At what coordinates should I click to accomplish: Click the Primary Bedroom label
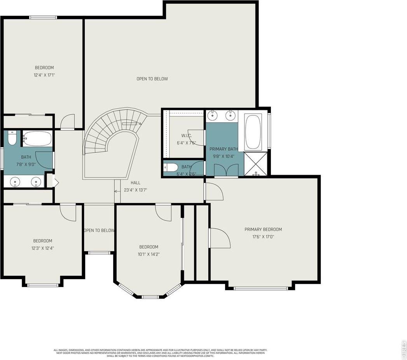click(263, 230)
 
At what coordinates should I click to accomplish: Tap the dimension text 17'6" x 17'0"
click(263, 237)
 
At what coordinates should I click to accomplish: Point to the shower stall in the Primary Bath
click(255, 164)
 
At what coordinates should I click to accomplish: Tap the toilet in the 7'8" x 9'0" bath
click(12, 138)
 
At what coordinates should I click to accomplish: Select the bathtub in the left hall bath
click(37, 138)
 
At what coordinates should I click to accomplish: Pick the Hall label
click(136, 183)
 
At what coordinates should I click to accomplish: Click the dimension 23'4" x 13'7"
click(136, 190)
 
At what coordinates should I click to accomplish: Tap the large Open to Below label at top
click(152, 79)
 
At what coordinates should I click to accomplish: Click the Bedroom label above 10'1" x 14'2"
click(149, 247)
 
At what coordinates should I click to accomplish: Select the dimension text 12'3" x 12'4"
click(42, 248)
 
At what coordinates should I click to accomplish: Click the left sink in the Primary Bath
click(213, 115)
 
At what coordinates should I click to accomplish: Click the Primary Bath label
click(224, 149)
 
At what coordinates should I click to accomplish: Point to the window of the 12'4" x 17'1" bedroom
click(44, 17)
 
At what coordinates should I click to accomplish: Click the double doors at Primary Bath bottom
click(227, 170)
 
